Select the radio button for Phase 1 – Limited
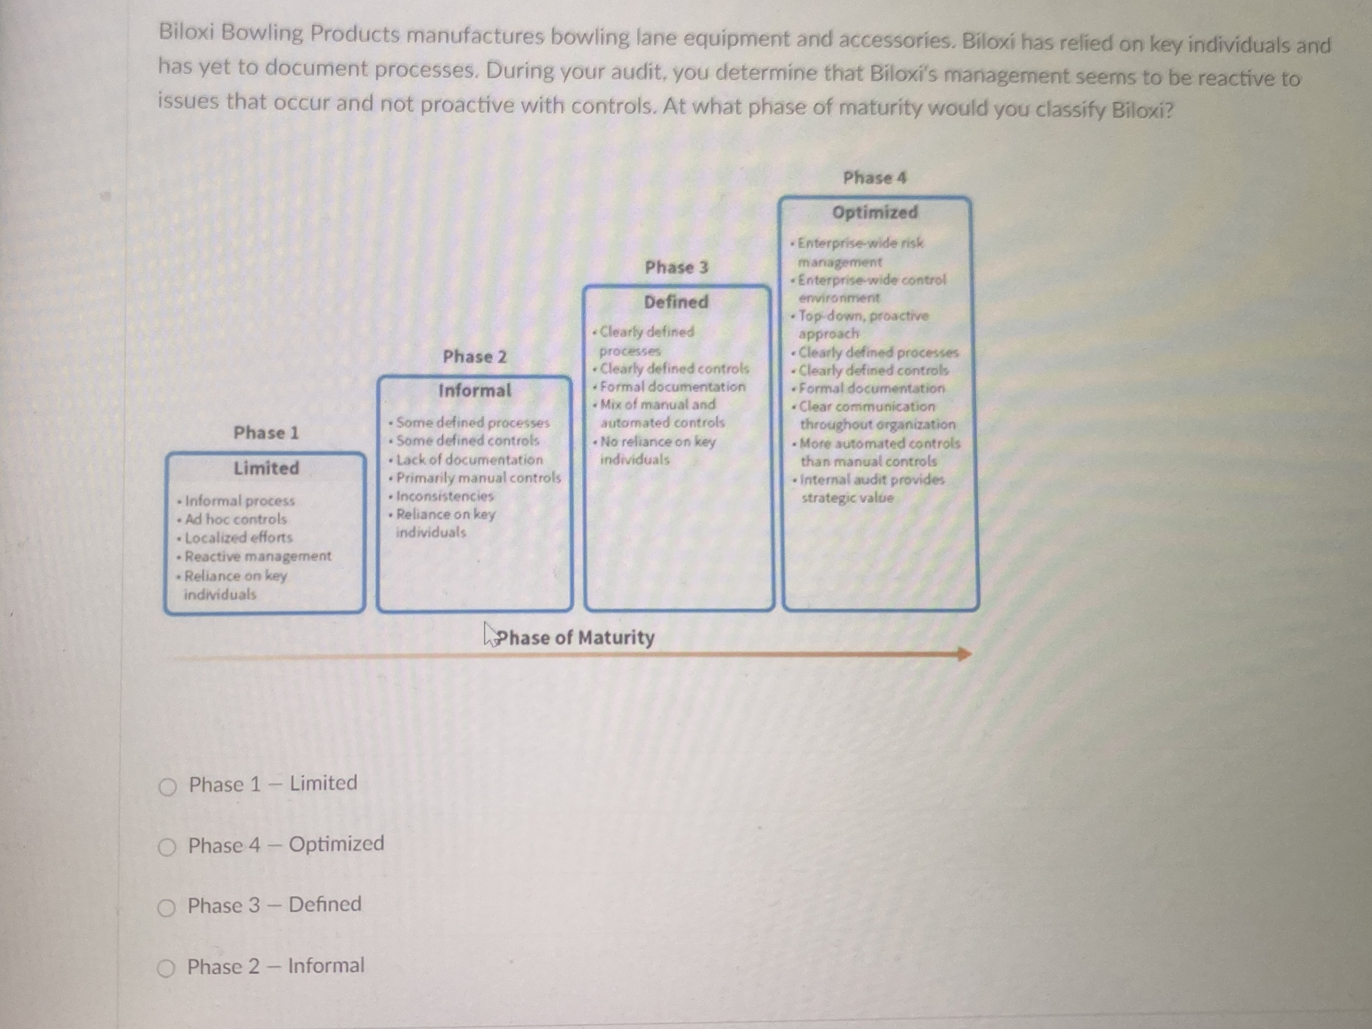167,787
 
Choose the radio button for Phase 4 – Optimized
167,847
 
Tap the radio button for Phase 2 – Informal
165,968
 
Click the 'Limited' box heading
266,468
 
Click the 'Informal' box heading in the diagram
475,391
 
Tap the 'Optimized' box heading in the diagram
875,212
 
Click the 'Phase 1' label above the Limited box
266,433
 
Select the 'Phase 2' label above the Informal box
475,357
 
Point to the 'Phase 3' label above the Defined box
676,267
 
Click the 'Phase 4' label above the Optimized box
875,178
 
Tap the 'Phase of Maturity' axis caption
575,637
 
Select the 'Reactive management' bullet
257,556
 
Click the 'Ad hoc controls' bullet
236,519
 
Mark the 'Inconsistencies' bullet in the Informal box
445,496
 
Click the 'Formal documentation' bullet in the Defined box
673,387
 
